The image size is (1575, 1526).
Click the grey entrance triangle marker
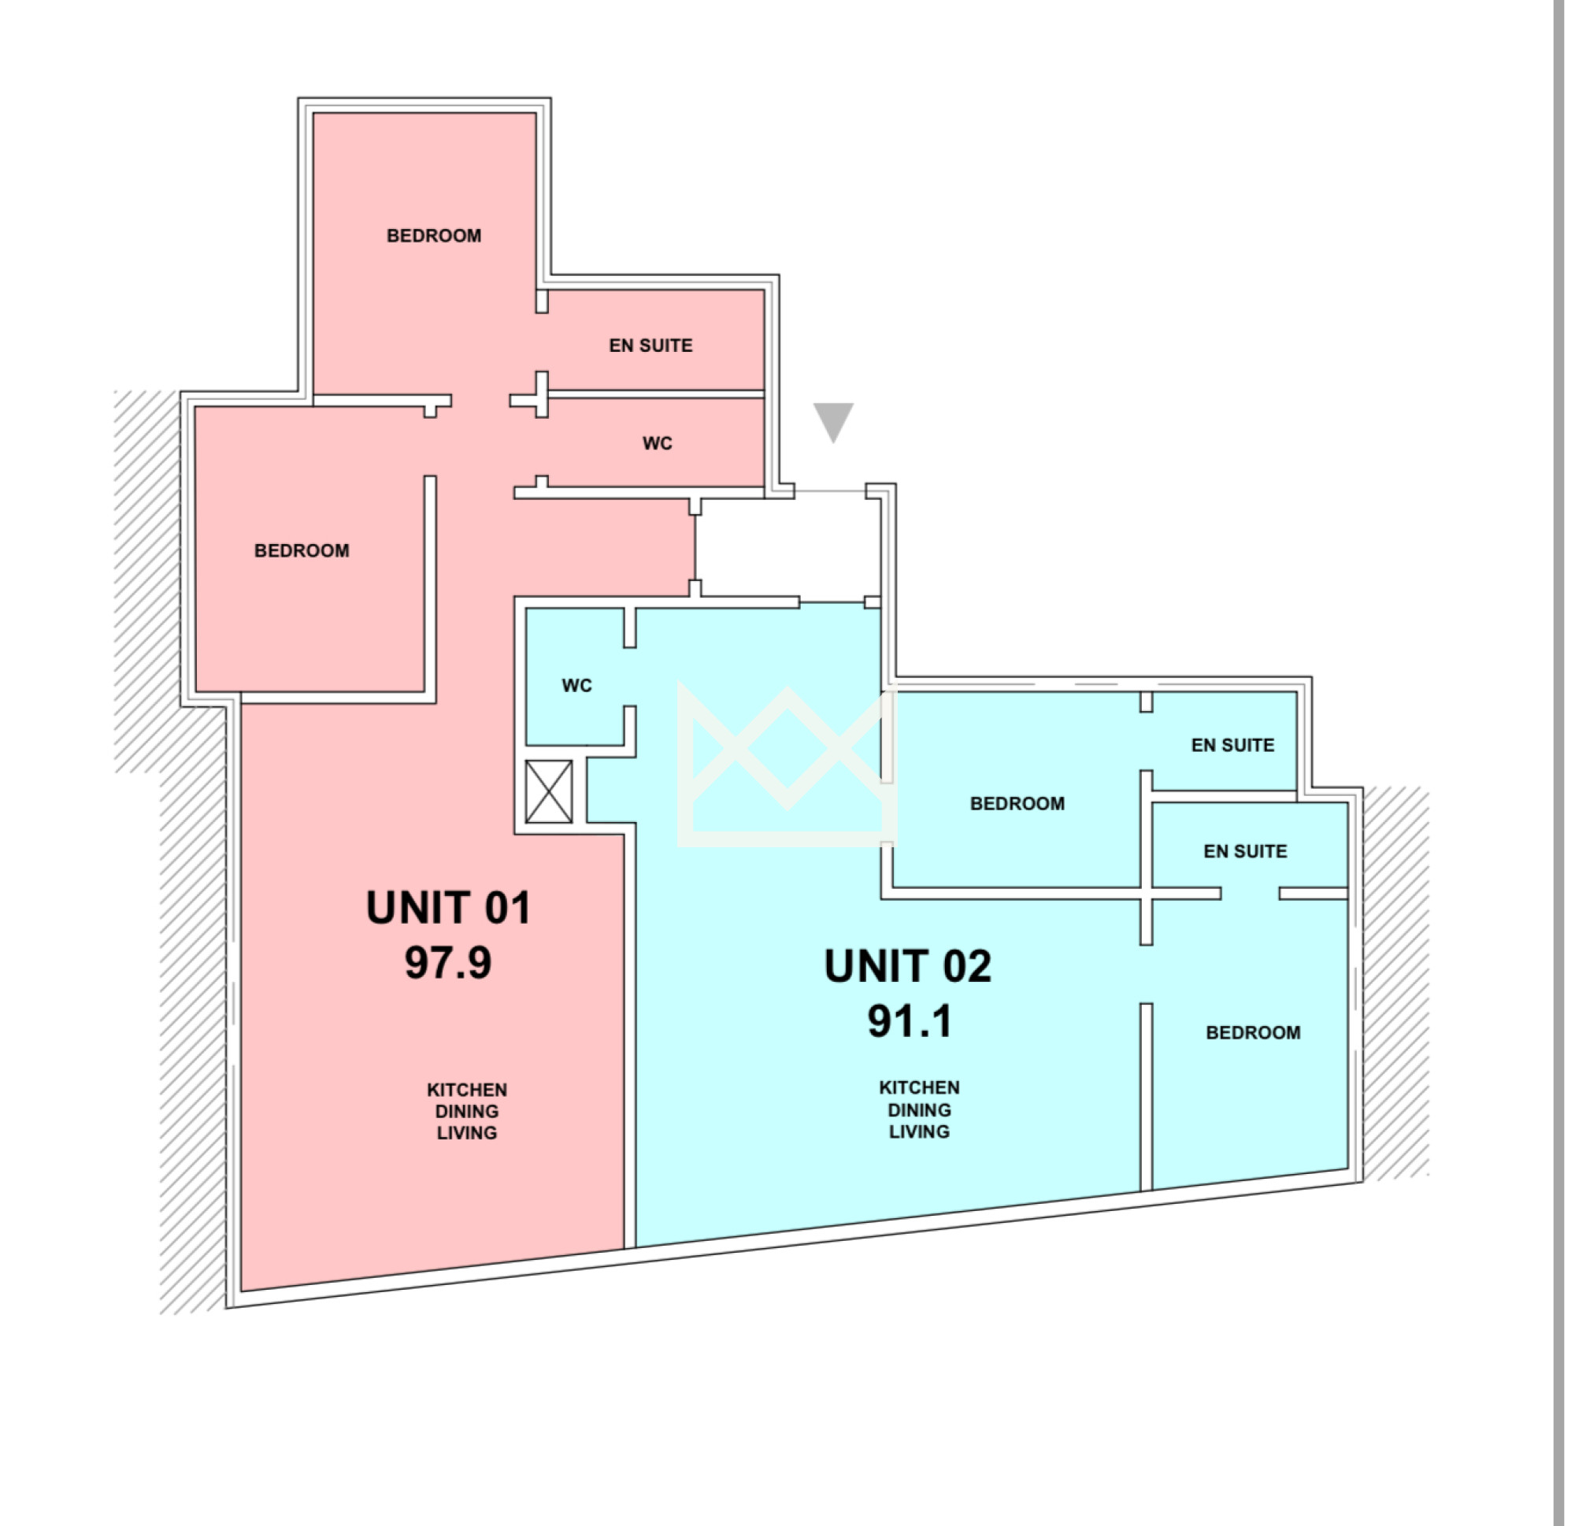coord(833,420)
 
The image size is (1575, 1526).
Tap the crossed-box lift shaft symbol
coord(549,791)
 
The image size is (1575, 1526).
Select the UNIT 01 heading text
coord(448,908)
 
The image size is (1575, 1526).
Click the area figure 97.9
coord(448,962)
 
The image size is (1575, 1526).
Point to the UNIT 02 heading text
coord(908,966)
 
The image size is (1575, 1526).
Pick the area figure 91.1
coord(910,1020)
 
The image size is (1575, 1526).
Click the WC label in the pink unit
coord(658,443)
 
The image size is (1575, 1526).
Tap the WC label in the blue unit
coord(577,686)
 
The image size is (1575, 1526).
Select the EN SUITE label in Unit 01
coord(651,346)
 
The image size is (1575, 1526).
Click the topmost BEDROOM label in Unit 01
coord(434,235)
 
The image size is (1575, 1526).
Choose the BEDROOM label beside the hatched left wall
coord(302,550)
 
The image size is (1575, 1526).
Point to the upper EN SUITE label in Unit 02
coord(1232,745)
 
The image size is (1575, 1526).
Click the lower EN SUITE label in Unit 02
coord(1246,851)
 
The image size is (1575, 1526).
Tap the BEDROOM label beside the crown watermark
coord(1017,804)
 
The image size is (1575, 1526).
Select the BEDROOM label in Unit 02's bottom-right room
coord(1254,1032)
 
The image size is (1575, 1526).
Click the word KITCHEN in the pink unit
coord(467,1091)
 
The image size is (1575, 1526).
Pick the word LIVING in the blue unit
coord(919,1132)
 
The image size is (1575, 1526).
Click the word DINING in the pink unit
coord(467,1111)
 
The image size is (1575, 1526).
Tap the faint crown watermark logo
coord(787,764)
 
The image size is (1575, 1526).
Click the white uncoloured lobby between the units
coord(787,546)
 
